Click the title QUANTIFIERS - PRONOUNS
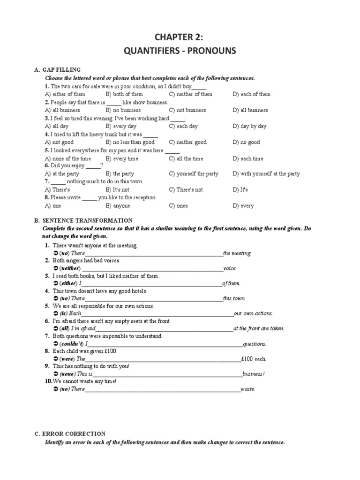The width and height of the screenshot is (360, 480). (180, 51)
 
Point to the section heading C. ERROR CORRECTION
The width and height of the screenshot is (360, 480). (70, 434)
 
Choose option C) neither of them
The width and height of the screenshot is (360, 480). (191, 94)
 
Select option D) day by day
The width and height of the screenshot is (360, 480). (249, 126)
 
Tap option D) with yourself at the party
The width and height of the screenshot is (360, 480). (266, 174)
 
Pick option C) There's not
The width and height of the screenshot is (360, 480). (186, 190)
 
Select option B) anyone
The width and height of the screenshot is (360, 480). (118, 206)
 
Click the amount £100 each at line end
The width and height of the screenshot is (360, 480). (254, 359)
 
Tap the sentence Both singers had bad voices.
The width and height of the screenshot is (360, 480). (86, 261)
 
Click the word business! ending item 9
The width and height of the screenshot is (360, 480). (254, 374)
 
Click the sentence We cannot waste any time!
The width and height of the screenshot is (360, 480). (84, 382)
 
